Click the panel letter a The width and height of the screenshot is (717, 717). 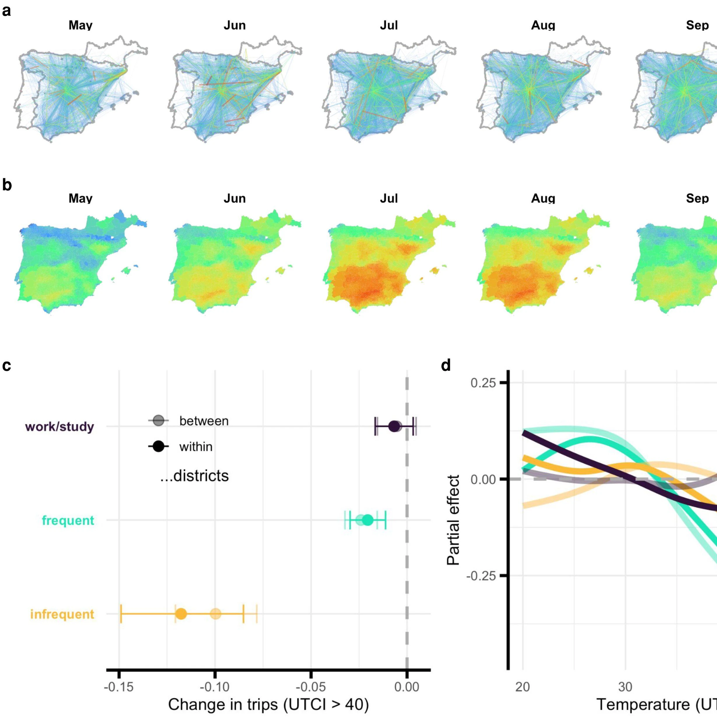point(6,11)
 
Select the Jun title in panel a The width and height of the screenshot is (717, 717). point(234,25)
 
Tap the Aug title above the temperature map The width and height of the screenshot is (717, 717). point(543,199)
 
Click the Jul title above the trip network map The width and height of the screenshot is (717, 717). point(389,25)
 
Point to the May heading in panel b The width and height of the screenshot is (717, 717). point(80,199)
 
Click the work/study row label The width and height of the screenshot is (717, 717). point(59,427)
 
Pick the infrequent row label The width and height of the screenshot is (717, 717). point(62,614)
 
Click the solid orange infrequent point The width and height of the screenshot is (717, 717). point(181,614)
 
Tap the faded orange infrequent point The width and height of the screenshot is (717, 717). point(215,614)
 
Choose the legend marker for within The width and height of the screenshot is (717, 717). point(158,446)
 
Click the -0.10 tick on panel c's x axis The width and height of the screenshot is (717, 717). point(215,687)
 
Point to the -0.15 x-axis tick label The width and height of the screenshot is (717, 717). point(119,687)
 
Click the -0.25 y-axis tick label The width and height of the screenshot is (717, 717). point(481,576)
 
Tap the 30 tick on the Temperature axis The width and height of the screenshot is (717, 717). point(625,687)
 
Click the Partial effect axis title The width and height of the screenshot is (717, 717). point(453,520)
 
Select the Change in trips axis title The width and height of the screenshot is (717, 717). point(268,705)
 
